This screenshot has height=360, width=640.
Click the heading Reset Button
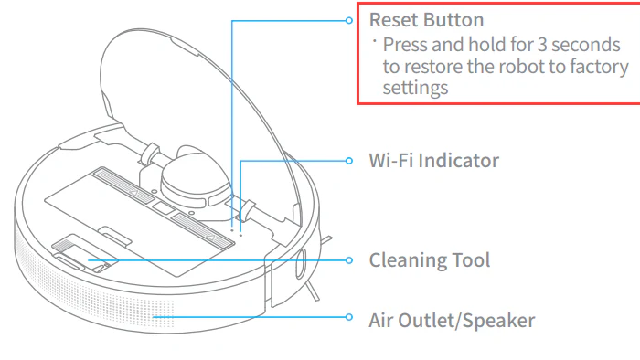(x=426, y=19)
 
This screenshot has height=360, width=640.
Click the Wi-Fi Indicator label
(x=433, y=161)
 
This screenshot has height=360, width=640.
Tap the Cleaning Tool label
(x=429, y=260)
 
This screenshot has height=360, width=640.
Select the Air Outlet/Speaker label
(x=452, y=320)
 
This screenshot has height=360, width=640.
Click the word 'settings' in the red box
(x=415, y=89)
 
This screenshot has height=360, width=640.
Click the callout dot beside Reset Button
(x=348, y=20)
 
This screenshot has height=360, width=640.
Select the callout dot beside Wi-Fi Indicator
(x=348, y=161)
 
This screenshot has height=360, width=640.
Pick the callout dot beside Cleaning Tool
(x=348, y=260)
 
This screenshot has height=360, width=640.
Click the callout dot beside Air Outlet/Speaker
(x=348, y=319)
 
